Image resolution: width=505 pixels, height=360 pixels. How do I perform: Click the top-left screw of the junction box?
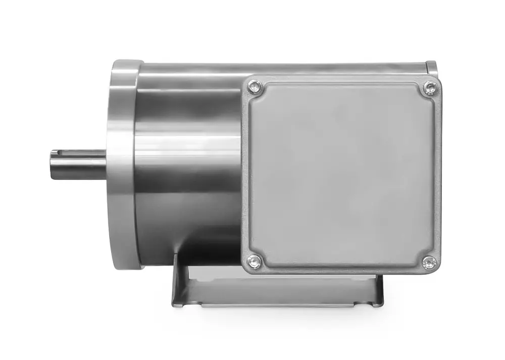point(255,89)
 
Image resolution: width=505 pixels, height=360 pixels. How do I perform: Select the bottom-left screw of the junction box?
point(255,261)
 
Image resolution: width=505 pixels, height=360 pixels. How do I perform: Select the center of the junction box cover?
point(341,175)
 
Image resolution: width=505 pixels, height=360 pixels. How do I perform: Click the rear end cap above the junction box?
point(431,68)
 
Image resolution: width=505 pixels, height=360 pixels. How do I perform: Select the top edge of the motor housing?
point(283,66)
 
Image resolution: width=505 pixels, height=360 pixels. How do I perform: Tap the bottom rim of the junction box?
point(341,272)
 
